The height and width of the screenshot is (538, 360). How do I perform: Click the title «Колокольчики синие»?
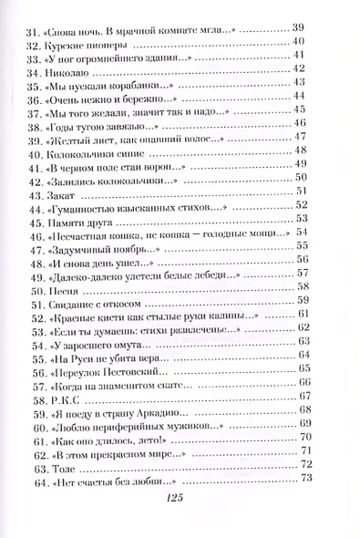(97, 153)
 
